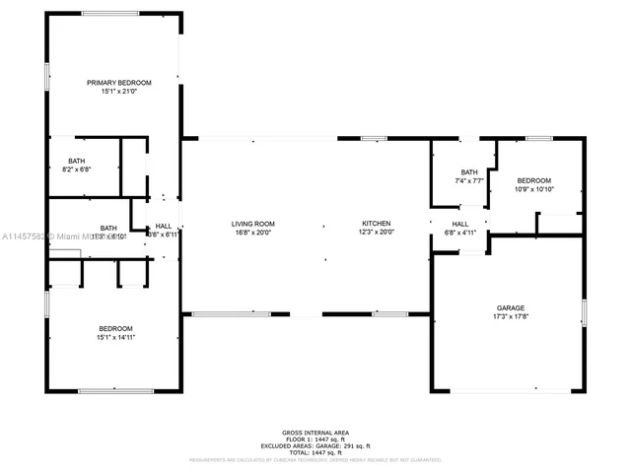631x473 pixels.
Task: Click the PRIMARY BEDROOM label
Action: point(118,82)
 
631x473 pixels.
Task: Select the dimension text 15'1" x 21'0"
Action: point(118,92)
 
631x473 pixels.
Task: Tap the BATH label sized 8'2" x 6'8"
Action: point(77,161)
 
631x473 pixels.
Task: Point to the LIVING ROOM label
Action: point(252,224)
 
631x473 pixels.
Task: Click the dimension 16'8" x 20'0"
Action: point(252,234)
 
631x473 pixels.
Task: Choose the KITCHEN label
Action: point(376,224)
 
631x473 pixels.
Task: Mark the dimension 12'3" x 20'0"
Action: point(376,234)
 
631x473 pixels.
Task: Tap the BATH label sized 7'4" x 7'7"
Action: point(468,171)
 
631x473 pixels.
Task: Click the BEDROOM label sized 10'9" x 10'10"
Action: point(534,180)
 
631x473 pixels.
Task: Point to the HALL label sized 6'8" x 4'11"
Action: point(460,224)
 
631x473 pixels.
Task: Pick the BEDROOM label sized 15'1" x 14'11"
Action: point(115,328)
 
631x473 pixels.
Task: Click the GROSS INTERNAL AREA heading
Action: point(315,433)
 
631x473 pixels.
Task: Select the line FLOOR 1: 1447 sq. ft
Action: point(315,439)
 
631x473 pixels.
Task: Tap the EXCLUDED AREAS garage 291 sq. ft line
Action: point(315,446)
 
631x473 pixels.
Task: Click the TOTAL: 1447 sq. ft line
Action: point(315,453)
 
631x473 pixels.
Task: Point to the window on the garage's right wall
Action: point(584,313)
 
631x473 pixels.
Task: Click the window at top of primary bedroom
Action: point(109,13)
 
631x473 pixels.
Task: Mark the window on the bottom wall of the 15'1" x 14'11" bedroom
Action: point(115,391)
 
